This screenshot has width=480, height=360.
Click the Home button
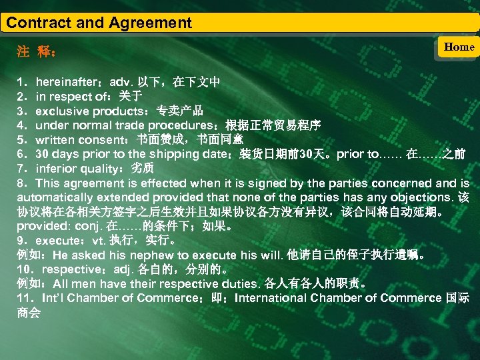click(459, 47)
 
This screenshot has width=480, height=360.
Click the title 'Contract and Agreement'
click(99, 23)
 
